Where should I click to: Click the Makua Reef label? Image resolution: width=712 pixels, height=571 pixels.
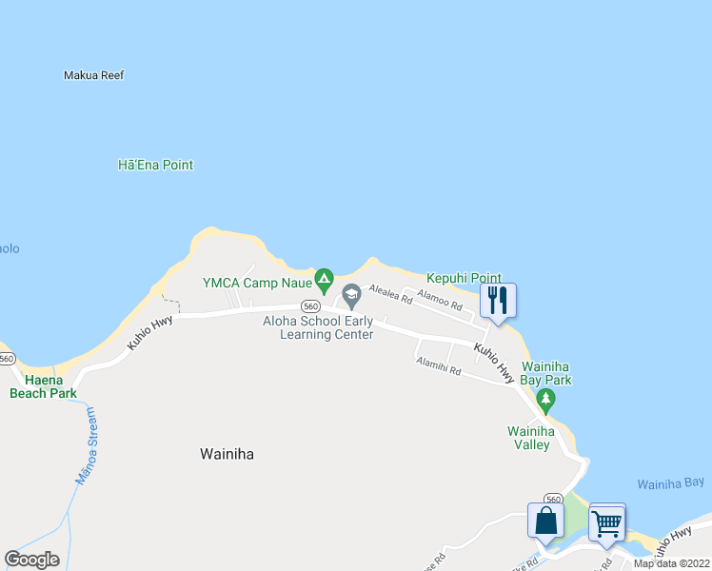[93, 75]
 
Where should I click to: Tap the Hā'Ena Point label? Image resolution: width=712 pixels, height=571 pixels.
[155, 165]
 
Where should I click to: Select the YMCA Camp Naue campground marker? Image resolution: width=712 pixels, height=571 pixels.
[324, 281]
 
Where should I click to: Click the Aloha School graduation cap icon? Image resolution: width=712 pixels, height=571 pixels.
[351, 296]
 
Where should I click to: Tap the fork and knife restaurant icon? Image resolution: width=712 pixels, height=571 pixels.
[497, 301]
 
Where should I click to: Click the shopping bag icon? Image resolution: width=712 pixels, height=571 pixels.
[545, 521]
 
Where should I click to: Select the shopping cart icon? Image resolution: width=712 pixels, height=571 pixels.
[606, 522]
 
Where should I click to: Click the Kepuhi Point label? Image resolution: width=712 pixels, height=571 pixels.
[464, 278]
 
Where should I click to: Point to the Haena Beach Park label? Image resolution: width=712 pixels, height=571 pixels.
[43, 386]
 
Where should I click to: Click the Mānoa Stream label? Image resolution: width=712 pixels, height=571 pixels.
[85, 445]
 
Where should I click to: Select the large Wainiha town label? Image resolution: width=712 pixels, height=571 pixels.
[227, 454]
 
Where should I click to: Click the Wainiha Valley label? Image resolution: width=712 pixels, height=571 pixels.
[528, 437]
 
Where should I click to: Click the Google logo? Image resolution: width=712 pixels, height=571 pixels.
[32, 560]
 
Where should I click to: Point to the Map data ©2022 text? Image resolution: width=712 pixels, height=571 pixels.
[670, 563]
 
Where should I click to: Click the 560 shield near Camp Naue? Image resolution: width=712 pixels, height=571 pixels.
[309, 306]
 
